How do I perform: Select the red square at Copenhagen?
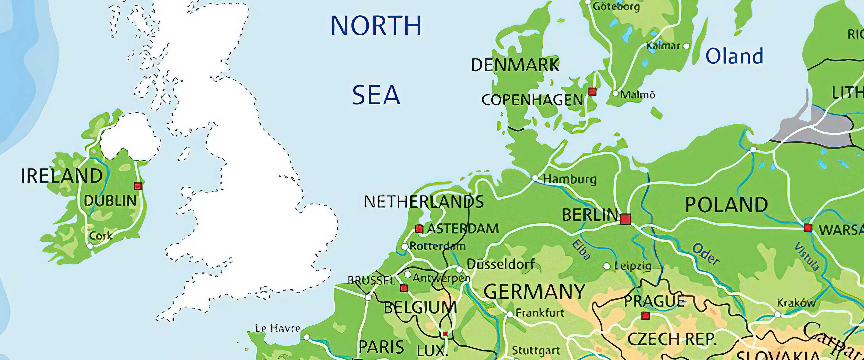tap(592, 92)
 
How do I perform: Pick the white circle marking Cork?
tap(90, 246)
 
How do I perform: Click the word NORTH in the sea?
tap(376, 26)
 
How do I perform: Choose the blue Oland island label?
tap(734, 56)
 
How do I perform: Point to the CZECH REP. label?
tap(672, 339)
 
